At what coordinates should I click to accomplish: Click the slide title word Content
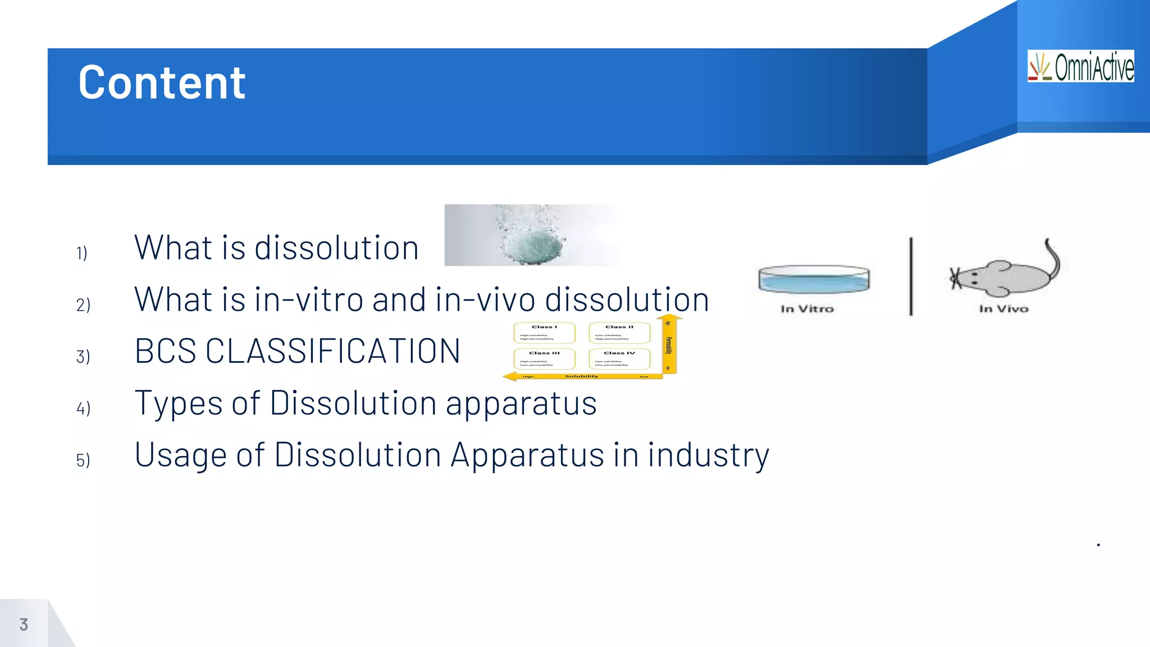[x=162, y=83]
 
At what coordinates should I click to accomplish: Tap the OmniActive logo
[x=1080, y=66]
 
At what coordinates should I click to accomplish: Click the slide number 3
[x=24, y=625]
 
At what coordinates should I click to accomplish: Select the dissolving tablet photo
[x=531, y=235]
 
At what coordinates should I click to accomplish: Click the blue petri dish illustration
[x=814, y=279]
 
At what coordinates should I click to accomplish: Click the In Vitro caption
[x=807, y=309]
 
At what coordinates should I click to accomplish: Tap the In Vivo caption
[x=1003, y=309]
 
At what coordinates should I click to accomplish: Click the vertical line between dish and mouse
[x=911, y=276]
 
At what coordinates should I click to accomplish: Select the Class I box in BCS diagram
[x=544, y=332]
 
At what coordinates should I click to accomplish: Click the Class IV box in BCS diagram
[x=619, y=358]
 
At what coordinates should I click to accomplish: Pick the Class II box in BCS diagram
[x=619, y=332]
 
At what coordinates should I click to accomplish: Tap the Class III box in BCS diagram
[x=544, y=358]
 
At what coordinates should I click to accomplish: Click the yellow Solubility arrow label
[x=582, y=376]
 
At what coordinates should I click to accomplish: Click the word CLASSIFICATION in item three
[x=332, y=352]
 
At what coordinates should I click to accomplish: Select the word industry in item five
[x=708, y=455]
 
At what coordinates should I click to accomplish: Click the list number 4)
[x=83, y=408]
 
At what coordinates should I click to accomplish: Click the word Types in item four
[x=179, y=403]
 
